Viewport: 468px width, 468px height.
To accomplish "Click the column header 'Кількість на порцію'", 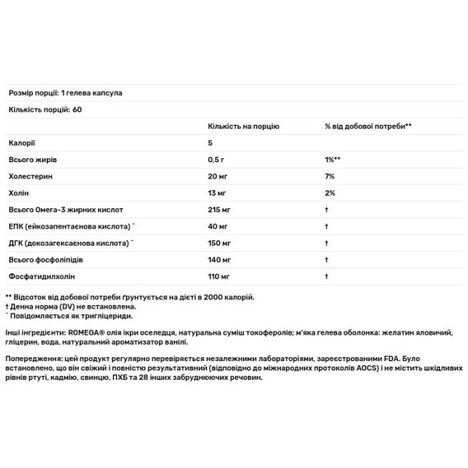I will tap(243, 126).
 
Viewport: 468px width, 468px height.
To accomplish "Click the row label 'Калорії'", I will tap(21, 143).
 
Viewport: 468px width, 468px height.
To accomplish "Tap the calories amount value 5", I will tap(211, 143).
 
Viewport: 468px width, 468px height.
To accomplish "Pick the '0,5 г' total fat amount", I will tap(218, 160).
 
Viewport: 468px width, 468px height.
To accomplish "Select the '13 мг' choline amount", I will tap(219, 193).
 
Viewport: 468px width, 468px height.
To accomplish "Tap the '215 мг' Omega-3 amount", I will tap(222, 211).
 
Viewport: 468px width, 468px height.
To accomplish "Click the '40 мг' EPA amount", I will tap(219, 228).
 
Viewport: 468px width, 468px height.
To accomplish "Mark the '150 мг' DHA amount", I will tap(222, 245).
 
